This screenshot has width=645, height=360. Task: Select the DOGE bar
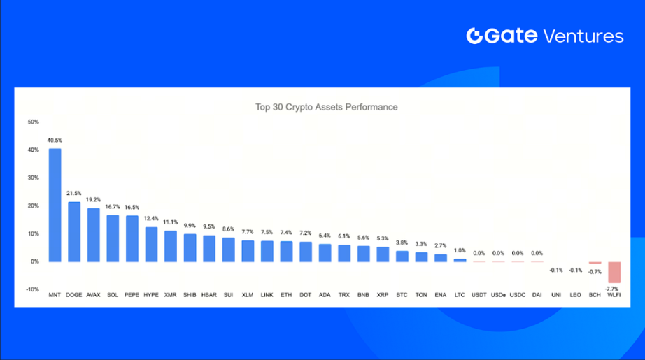73,231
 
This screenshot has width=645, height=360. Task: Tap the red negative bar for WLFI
614,272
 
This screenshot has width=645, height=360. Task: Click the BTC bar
402,256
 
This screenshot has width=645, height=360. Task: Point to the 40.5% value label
55,140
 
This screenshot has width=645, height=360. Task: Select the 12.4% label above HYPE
151,219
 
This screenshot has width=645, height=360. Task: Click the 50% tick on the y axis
33,122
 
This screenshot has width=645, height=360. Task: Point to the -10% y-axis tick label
32,289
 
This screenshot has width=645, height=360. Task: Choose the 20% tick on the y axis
33,206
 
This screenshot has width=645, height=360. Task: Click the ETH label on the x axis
286,295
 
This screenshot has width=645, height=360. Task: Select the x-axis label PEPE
132,295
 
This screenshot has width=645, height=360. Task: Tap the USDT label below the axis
479,295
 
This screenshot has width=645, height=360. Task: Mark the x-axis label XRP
383,295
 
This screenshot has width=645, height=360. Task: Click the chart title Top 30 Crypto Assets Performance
327,107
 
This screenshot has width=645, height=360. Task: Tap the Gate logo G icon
474,36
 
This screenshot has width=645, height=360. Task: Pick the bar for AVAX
93,235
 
